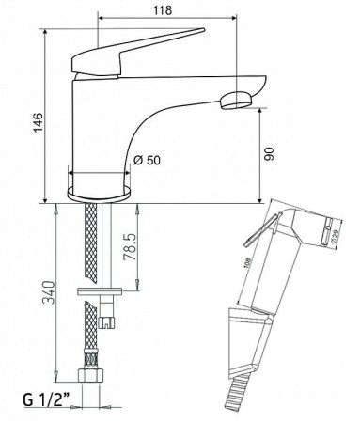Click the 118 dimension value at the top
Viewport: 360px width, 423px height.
[163, 10]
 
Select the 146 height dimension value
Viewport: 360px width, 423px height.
[39, 122]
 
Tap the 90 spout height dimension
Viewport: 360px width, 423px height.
[269, 153]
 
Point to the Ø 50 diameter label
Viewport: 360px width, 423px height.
[147, 160]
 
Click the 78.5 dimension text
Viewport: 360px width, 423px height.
[130, 246]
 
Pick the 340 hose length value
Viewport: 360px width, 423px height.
[49, 292]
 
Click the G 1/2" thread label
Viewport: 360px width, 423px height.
[46, 399]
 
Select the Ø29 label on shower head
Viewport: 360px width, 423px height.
[334, 236]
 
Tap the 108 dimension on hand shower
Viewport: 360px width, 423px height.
[247, 263]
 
